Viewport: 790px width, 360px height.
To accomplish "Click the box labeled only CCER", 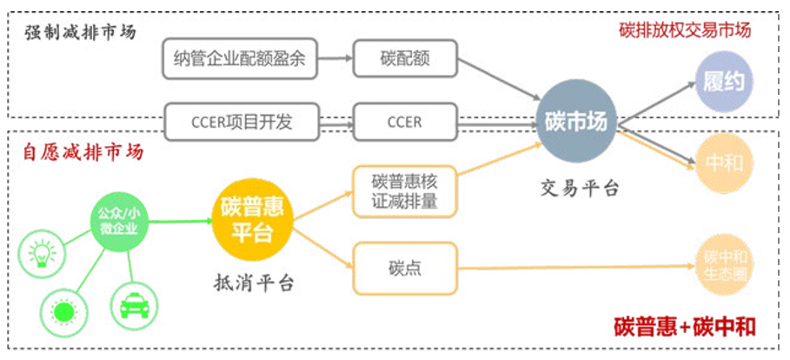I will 404,122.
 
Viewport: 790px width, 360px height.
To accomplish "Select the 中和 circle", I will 723,162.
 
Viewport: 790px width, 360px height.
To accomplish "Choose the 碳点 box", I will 404,268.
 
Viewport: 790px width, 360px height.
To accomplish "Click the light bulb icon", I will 40,253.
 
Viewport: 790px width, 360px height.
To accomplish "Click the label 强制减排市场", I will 79,33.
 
